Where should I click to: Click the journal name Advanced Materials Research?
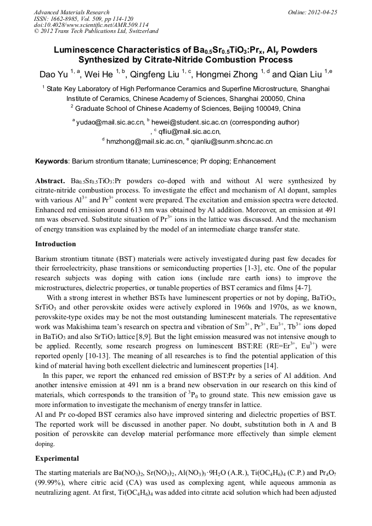[71, 12]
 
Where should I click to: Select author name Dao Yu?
[53, 75]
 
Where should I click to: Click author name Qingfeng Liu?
[157, 75]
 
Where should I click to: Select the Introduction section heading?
[55, 244]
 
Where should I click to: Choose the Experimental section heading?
[57, 457]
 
